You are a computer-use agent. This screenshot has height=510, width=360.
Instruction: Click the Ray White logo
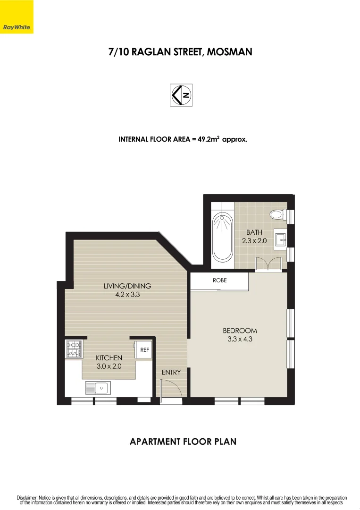point(17,27)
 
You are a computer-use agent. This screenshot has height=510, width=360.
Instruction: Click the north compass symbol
point(181,95)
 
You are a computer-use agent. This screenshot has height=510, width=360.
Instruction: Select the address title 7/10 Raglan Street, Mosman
point(180,52)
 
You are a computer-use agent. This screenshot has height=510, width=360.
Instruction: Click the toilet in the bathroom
point(277,215)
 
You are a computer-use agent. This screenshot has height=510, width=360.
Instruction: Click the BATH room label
point(254,232)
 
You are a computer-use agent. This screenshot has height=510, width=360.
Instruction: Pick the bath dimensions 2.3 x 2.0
point(254,240)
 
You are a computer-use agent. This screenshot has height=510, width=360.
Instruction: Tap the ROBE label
point(219,280)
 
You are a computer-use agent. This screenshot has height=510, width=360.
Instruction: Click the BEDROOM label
point(240,331)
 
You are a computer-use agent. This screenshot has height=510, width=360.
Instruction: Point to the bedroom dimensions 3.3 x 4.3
point(240,339)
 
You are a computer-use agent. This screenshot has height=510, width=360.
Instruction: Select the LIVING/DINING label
point(127,286)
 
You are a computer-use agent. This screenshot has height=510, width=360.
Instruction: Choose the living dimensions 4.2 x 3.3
point(127,294)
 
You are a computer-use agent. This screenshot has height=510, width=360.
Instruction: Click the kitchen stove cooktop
point(74,349)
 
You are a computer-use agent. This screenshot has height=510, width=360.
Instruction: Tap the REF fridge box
point(144,350)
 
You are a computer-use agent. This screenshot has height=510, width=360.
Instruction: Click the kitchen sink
point(98,388)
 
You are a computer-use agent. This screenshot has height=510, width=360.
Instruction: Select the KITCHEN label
point(109,358)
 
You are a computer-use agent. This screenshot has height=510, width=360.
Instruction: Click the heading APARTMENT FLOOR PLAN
point(183,442)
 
